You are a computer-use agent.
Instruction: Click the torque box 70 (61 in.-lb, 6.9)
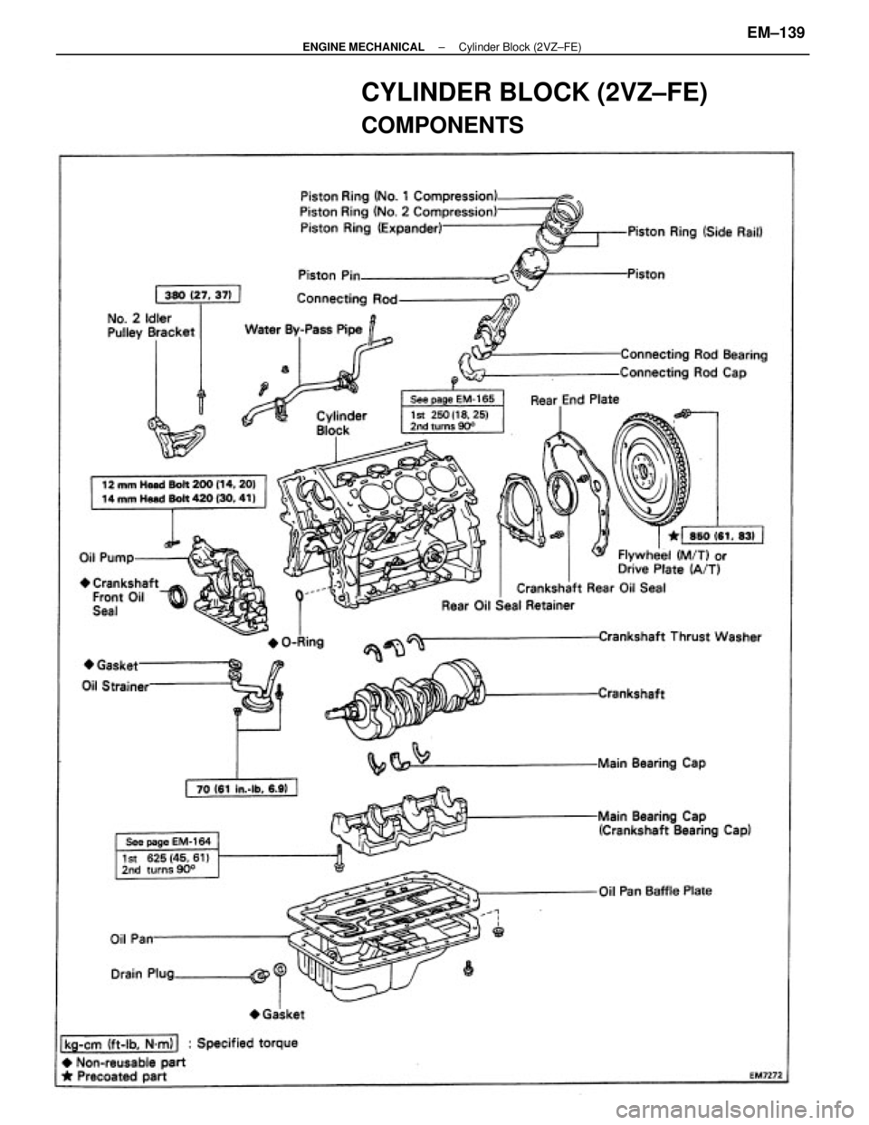pyautogui.click(x=244, y=786)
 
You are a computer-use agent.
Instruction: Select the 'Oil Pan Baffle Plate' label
pyautogui.click(x=655, y=890)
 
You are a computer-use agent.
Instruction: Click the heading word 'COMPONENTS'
pyautogui.click(x=443, y=125)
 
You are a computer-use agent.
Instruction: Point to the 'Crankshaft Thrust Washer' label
pyautogui.click(x=678, y=637)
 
